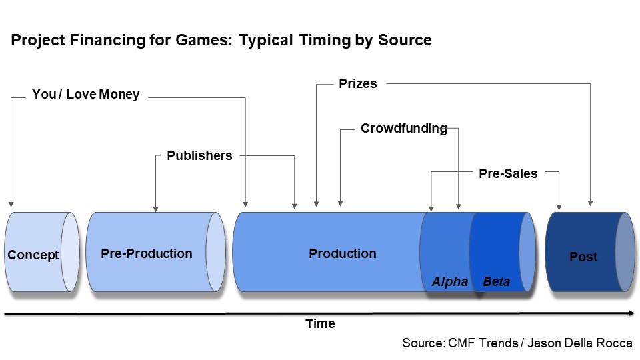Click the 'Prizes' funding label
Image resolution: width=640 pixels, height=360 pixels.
click(358, 84)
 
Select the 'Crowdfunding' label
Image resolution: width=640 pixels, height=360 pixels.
click(404, 129)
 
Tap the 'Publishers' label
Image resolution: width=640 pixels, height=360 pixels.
click(199, 155)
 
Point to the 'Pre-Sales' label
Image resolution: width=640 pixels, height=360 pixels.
click(508, 173)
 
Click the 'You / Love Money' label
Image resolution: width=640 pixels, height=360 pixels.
click(86, 94)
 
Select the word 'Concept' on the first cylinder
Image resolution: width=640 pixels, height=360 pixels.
click(33, 255)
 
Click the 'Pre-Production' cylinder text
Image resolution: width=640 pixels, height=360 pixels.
click(147, 253)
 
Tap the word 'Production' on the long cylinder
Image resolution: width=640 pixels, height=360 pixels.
click(343, 253)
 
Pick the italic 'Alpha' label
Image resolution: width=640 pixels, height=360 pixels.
click(450, 281)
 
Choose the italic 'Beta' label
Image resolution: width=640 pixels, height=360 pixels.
click(496, 281)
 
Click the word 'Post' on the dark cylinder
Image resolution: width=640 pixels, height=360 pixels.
click(583, 257)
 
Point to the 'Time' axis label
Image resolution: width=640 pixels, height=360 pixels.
click(321, 324)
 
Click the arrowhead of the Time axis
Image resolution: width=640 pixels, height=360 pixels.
click(632, 313)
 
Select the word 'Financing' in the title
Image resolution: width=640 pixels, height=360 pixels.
click(107, 41)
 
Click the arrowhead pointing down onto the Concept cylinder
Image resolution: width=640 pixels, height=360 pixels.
click(11, 204)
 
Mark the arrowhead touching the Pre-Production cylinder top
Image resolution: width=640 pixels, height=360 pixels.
click(155, 209)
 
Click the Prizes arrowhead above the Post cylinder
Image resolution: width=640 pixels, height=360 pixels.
click(590, 203)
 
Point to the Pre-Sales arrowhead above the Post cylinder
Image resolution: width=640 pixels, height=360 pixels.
click(559, 207)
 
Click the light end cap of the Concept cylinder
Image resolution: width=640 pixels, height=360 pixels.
click(70, 252)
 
